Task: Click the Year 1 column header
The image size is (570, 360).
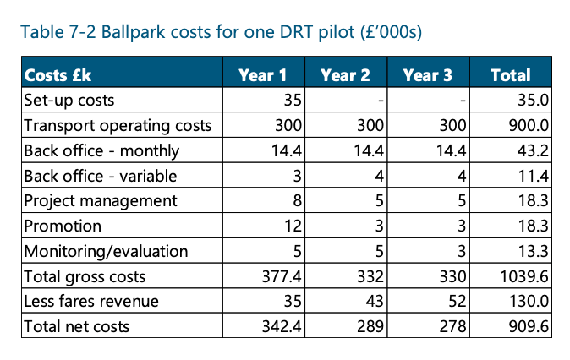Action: [x=262, y=75]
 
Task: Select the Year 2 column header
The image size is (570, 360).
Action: [x=345, y=75]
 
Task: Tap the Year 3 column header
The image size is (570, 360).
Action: [x=428, y=75]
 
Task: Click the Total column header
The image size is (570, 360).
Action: [x=510, y=75]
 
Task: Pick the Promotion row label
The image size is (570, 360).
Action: [x=63, y=226]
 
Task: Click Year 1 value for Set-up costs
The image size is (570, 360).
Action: [x=293, y=101]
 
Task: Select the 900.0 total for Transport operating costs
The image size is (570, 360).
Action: [x=529, y=126]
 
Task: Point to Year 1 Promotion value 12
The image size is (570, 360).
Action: [x=293, y=226]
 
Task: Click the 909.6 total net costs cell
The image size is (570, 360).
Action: [x=529, y=326]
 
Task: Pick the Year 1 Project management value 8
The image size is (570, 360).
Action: [x=297, y=201]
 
